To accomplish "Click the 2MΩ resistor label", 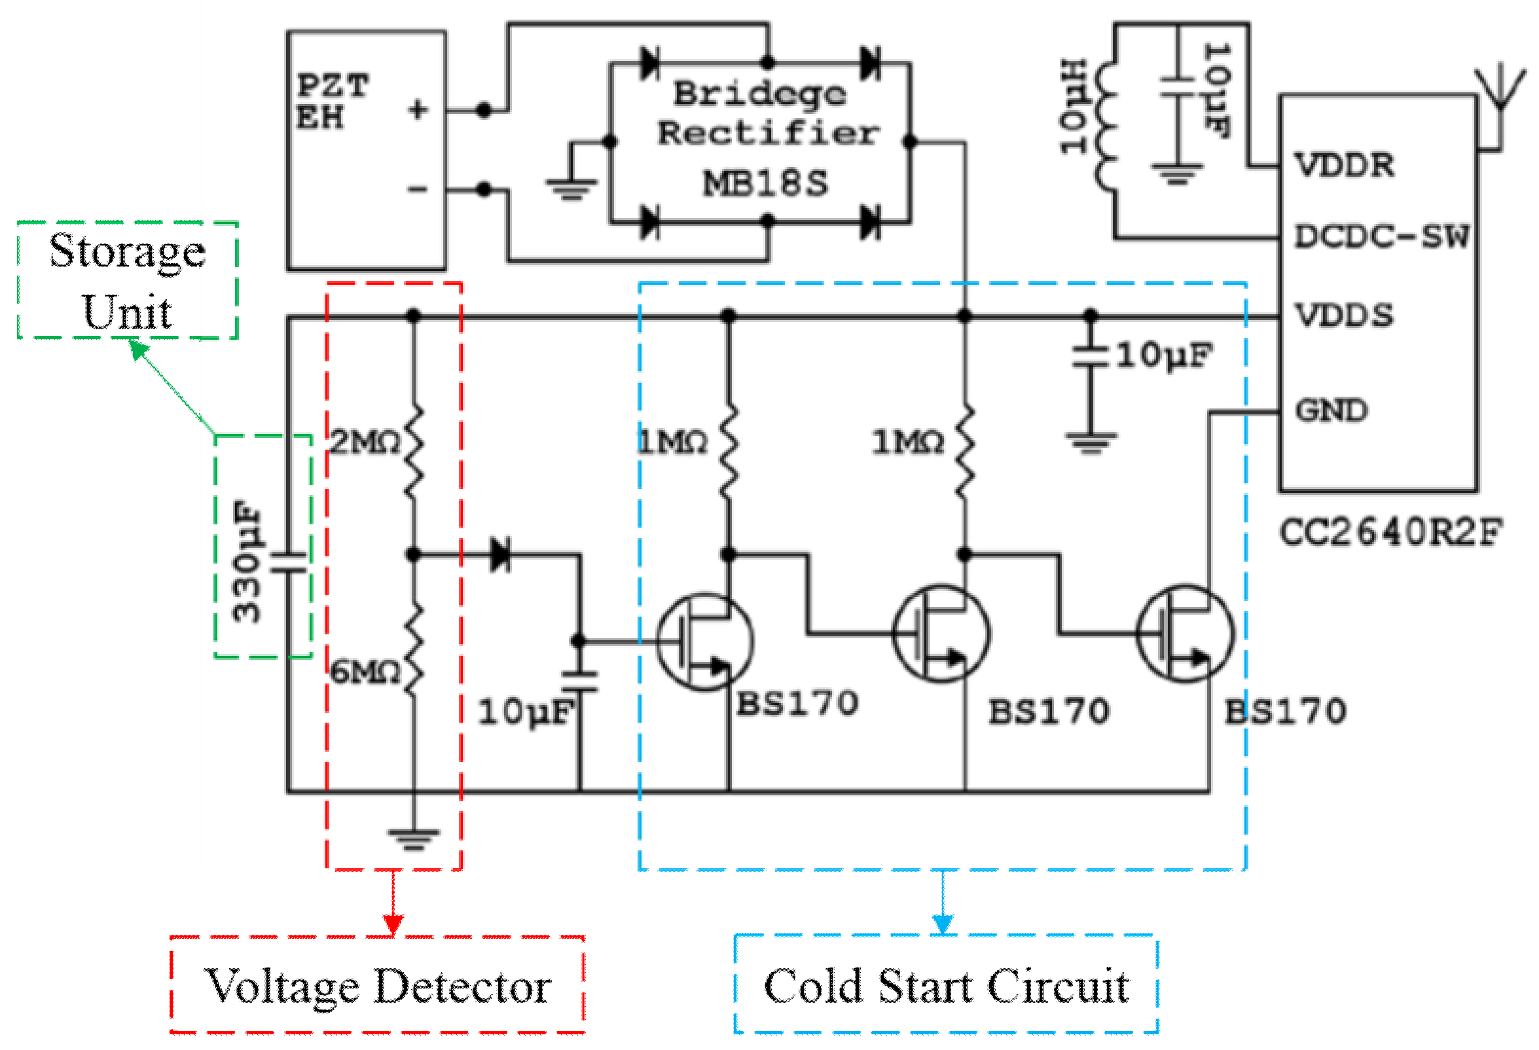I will (x=365, y=442).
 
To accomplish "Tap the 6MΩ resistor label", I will (x=365, y=672).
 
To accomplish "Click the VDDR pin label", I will (x=1345, y=165).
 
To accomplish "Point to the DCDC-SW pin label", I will (x=1381, y=236).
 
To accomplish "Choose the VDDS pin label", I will (x=1345, y=315).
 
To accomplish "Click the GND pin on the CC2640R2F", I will (x=1331, y=410).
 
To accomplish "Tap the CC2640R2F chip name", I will (x=1390, y=532).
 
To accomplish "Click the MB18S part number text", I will (x=765, y=183).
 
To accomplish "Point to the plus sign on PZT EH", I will (x=418, y=109).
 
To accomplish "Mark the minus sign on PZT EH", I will (x=417, y=190).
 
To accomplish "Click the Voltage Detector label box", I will (x=378, y=985).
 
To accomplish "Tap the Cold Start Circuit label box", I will (x=947, y=985).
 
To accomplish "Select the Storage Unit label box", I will (x=127, y=280).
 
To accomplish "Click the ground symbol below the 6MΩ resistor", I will (x=414, y=839).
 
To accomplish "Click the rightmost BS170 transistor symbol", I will (x=1185, y=634).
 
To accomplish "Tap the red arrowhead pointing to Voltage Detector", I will (x=393, y=924).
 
